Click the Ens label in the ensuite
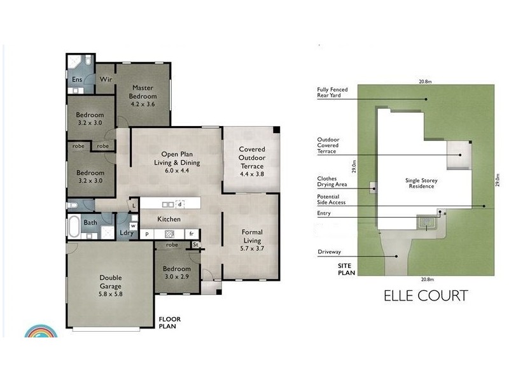76,80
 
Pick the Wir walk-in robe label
105,80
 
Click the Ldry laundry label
127,233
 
